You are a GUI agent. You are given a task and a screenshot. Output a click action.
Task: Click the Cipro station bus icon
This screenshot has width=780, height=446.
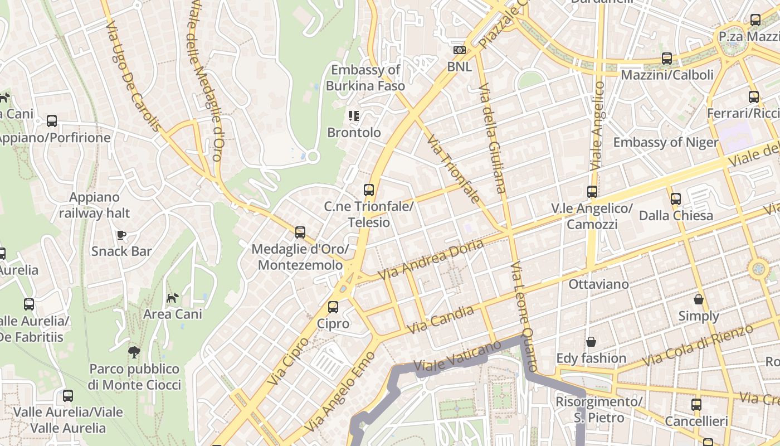pyautogui.click(x=333, y=307)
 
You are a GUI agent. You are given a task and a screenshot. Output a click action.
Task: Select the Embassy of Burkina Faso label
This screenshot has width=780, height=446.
pyautogui.click(x=365, y=78)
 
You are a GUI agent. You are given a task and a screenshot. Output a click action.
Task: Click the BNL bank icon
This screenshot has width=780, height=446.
pyautogui.click(x=460, y=50)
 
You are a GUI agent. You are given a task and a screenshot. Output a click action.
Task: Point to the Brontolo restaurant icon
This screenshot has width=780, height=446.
pyautogui.click(x=354, y=115)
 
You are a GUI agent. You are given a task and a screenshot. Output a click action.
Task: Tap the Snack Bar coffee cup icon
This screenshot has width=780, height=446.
pyautogui.click(x=121, y=234)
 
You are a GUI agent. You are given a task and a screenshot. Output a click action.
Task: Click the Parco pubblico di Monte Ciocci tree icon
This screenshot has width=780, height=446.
pyautogui.click(x=134, y=352)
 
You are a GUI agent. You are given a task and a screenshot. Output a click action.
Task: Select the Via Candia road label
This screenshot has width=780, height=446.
pyautogui.click(x=441, y=320)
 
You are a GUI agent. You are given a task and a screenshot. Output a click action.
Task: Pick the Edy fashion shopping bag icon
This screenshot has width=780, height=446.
pyautogui.click(x=591, y=341)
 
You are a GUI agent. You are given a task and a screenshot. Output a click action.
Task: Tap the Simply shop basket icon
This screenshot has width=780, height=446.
pyautogui.click(x=699, y=299)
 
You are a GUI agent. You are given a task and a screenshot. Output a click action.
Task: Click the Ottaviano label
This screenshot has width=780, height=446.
pyautogui.click(x=598, y=284)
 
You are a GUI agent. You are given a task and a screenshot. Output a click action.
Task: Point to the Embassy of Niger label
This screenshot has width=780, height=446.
pyautogui.click(x=666, y=142)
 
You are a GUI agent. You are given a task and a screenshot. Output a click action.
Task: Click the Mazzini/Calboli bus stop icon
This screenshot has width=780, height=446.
pyautogui.click(x=667, y=59)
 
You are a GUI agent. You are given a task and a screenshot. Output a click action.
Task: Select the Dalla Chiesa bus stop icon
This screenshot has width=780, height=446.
pyautogui.click(x=676, y=198)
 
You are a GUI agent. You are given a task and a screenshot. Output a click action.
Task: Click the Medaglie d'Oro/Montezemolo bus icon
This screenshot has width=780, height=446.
pyautogui.click(x=300, y=232)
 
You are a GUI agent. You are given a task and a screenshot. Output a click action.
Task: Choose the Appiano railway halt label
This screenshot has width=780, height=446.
pyautogui.click(x=94, y=205)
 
